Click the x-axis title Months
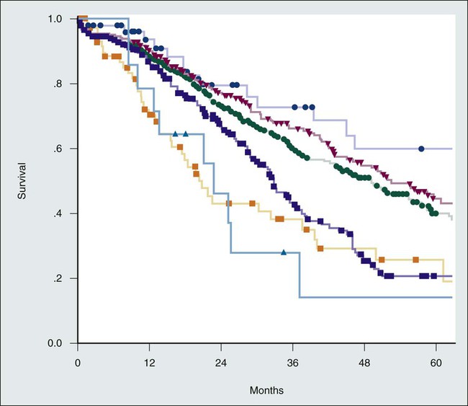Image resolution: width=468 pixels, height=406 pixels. (266, 390)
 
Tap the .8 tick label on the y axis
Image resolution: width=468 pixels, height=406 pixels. (63, 84)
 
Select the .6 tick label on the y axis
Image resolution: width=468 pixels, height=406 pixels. (63, 149)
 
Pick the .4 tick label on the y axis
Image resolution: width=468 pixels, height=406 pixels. (63, 213)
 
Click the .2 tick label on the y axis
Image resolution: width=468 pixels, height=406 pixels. (63, 278)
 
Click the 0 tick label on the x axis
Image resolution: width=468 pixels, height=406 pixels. (78, 363)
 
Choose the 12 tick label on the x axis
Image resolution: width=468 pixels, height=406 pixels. (149, 363)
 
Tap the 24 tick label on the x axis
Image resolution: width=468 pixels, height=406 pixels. (221, 363)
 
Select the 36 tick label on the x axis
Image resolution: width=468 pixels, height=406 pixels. (293, 363)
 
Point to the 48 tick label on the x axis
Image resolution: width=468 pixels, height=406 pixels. (364, 363)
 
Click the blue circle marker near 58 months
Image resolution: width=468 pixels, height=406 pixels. (421, 149)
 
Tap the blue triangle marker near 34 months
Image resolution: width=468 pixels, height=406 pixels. (284, 252)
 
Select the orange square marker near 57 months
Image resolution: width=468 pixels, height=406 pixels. (415, 260)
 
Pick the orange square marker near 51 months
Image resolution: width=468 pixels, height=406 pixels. (382, 260)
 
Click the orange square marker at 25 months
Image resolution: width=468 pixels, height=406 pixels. (229, 203)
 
